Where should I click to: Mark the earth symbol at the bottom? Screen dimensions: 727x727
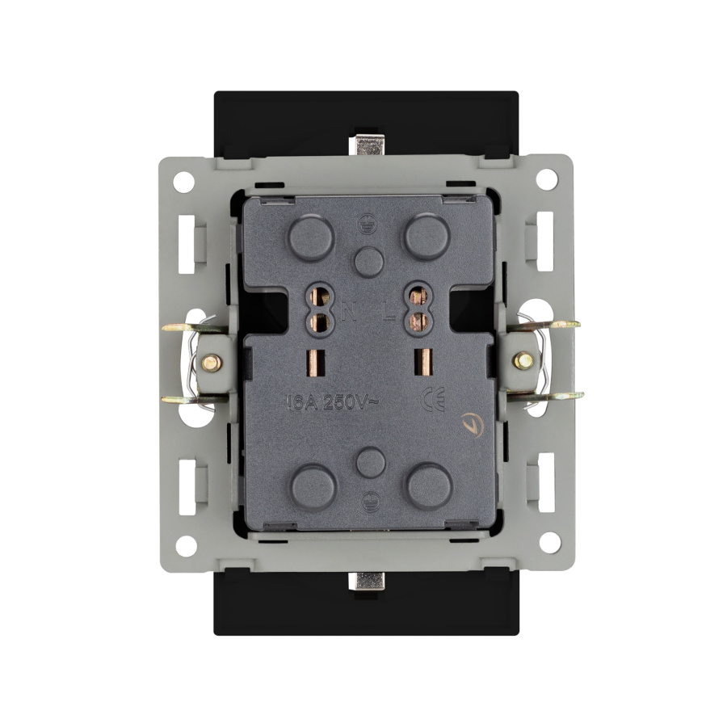pos(370,498)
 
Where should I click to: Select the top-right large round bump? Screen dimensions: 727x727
pos(427,237)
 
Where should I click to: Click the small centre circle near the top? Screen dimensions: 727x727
pos(370,259)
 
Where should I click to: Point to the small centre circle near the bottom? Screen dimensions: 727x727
pos(370,462)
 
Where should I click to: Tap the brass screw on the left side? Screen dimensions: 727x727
pos(209,363)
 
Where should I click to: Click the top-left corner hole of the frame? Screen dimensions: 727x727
pos(184,180)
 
